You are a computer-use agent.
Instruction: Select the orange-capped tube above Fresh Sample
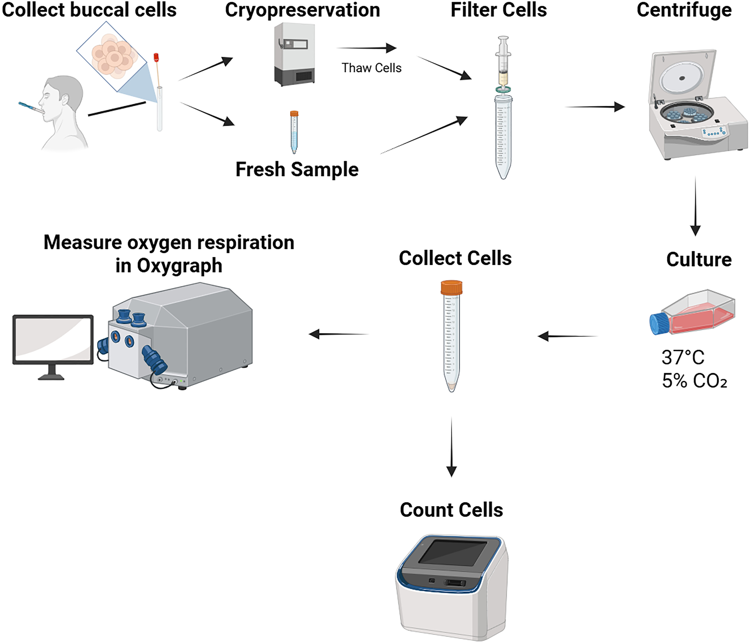tap(294, 132)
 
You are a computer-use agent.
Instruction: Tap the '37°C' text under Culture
tap(683, 357)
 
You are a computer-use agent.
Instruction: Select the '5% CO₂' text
tap(694, 381)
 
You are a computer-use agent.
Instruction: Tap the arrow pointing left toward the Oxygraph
tap(338, 334)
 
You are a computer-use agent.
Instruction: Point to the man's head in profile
tap(61, 96)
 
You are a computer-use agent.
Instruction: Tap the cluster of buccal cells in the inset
tap(112, 56)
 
